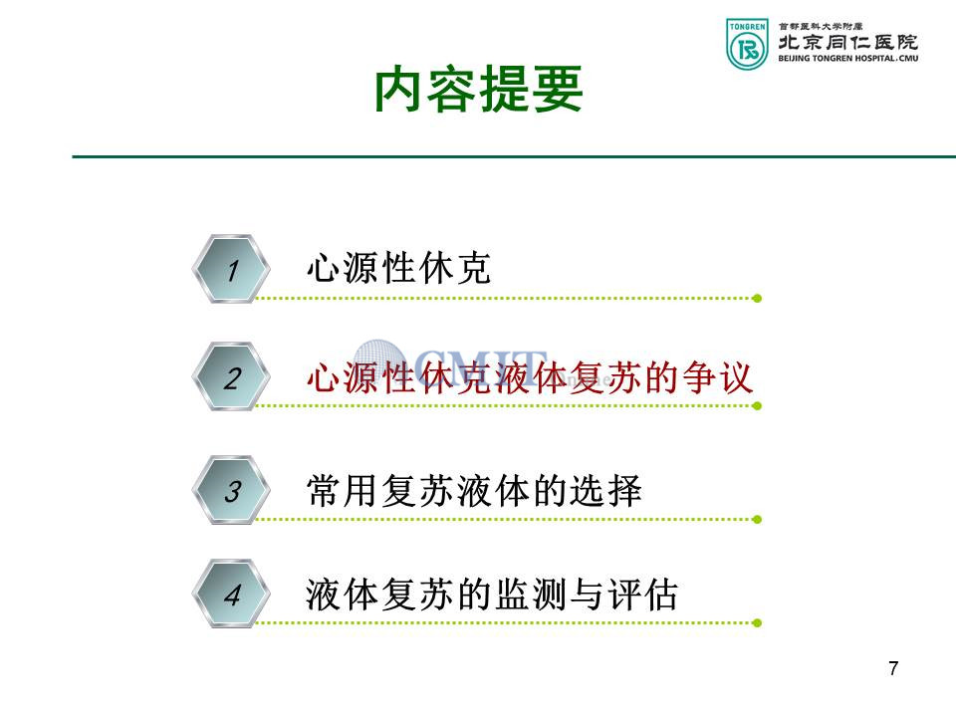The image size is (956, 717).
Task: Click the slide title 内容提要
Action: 479,89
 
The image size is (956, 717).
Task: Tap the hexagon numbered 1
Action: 231,269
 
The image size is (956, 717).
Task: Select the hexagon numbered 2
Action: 231,376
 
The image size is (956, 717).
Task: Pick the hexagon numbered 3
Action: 231,490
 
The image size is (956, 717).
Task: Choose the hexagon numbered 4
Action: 231,594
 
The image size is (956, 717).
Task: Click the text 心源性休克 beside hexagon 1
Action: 398,268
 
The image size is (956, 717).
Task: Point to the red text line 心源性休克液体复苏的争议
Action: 530,377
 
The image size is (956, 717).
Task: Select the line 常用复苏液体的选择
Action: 474,491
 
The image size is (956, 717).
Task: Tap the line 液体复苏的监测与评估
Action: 492,595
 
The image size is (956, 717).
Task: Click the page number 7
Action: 893,669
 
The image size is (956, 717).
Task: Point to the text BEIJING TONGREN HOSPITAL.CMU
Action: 848,59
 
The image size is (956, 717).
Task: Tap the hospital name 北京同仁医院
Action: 848,42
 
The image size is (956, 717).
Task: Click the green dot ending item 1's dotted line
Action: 757,298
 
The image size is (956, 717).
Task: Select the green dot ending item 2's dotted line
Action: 757,406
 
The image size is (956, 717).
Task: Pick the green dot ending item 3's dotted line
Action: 757,520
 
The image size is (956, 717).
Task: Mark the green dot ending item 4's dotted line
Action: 757,623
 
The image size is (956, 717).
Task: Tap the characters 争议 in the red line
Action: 718,377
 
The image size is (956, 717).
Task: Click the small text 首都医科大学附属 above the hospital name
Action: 821,26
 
